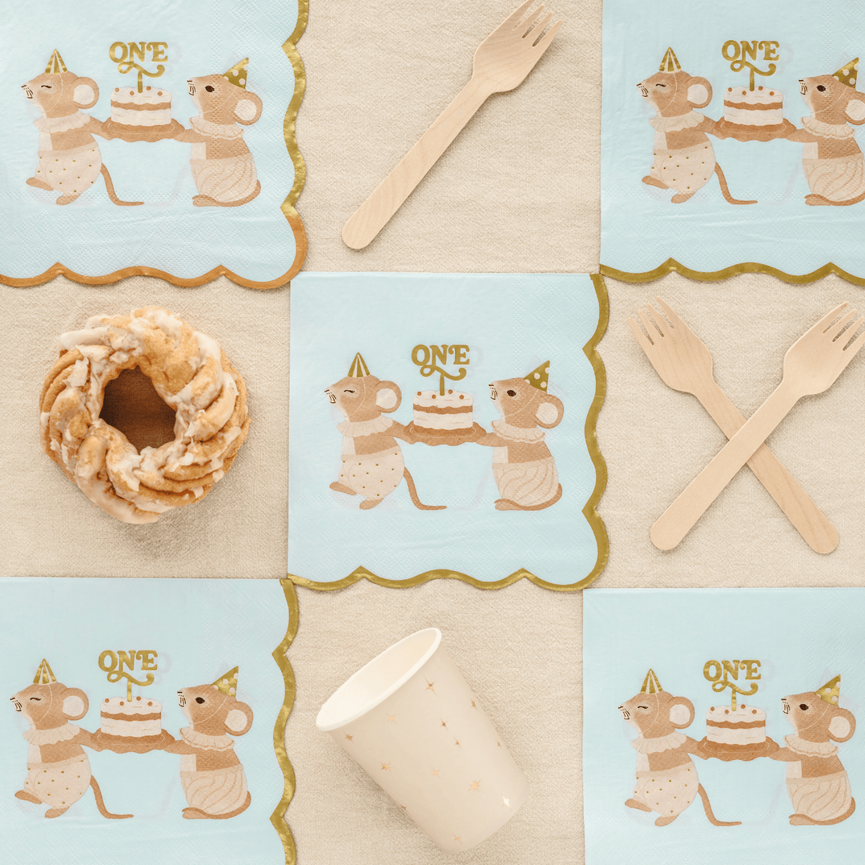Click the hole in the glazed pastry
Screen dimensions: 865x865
pos(137,409)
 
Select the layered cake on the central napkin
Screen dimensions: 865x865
pos(443,412)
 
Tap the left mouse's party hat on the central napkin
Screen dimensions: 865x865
pos(358,366)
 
